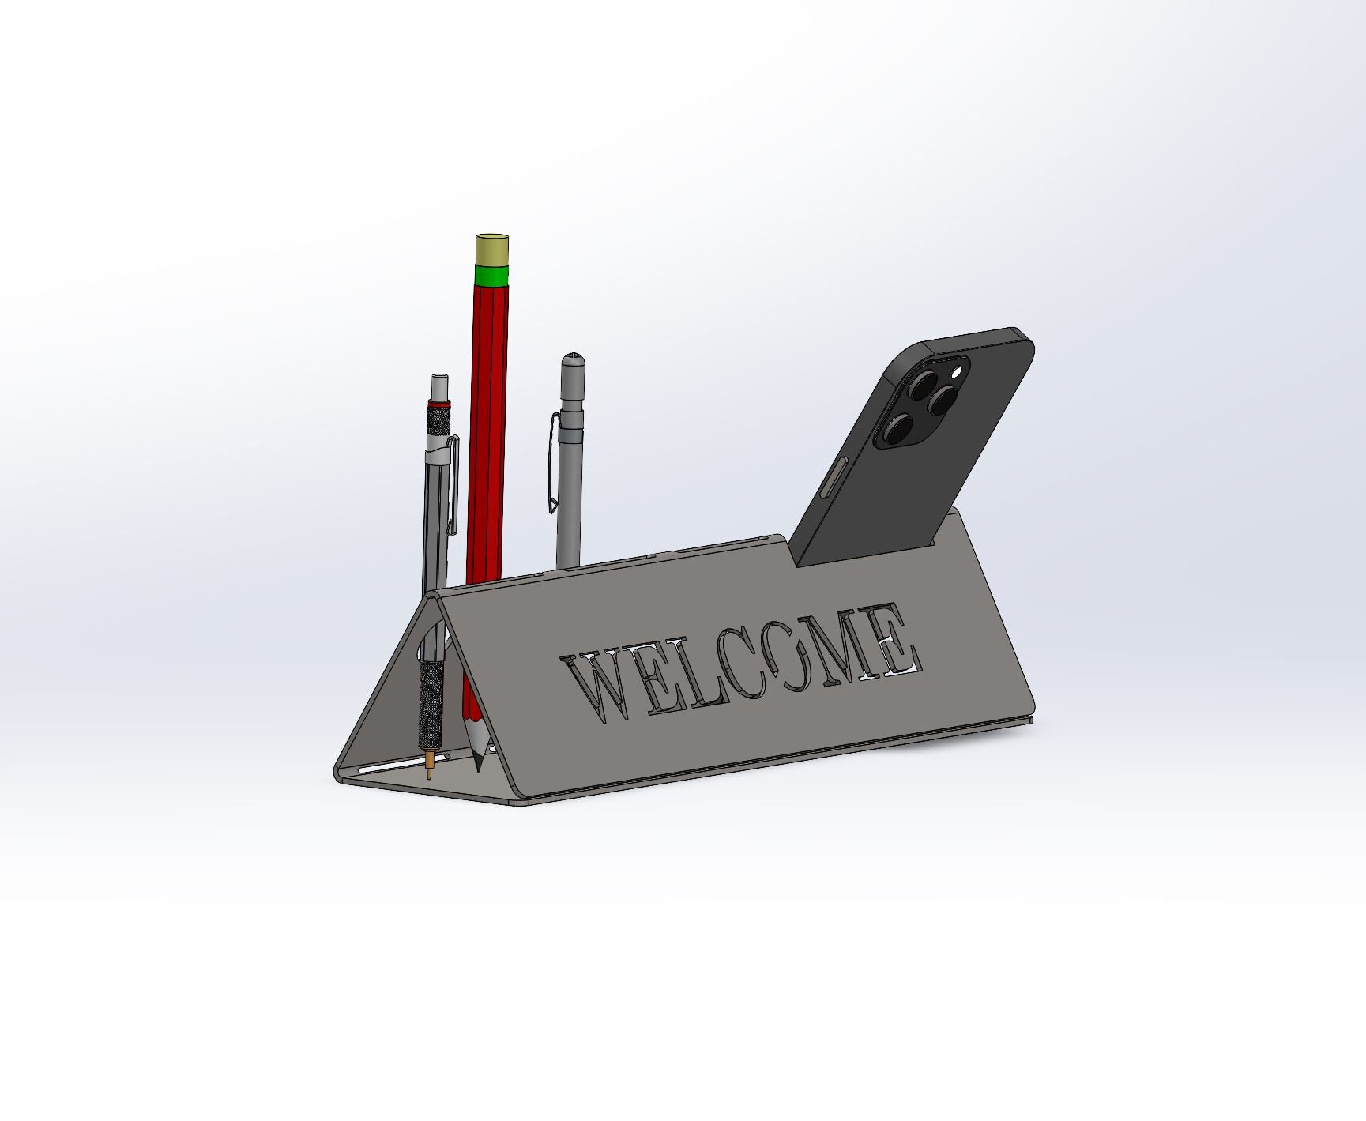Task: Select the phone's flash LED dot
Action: [958, 371]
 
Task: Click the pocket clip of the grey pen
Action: [553, 466]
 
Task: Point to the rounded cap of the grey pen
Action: [573, 365]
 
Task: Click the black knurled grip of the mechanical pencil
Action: [431, 703]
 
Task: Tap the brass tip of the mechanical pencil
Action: [429, 765]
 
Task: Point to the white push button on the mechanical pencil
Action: [439, 386]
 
